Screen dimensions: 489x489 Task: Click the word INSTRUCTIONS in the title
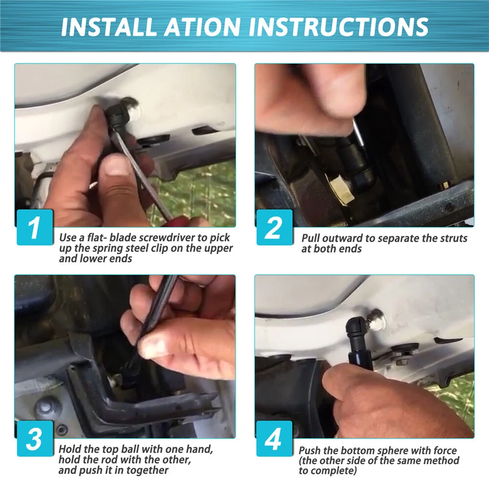coord(338,27)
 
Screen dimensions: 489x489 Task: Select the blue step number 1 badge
coord(35,227)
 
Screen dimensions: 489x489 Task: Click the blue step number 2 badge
coord(275,227)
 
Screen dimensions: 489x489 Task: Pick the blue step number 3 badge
coord(35,439)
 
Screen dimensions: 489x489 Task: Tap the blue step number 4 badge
coord(275,439)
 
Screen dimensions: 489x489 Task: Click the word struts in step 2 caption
coord(454,238)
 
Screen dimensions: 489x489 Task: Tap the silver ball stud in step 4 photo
coord(376,320)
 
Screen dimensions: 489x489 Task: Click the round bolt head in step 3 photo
coord(45,406)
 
